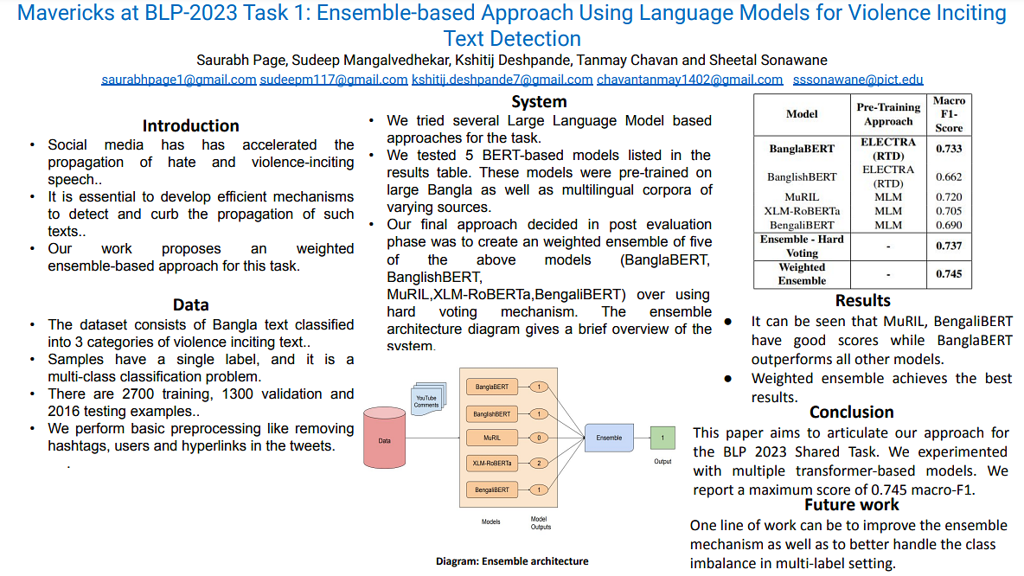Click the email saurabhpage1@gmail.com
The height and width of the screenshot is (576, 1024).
pos(179,80)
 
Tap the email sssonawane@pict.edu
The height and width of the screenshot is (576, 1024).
pos(858,80)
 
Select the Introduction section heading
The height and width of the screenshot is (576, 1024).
pos(190,125)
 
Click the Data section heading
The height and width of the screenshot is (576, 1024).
pos(190,304)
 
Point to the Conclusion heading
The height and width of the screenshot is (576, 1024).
pos(851,412)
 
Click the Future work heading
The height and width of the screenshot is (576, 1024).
pos(851,504)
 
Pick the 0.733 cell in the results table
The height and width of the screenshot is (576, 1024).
pos(948,149)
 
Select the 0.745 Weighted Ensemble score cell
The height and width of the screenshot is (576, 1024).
pos(948,274)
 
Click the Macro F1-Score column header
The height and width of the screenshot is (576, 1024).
pos(948,114)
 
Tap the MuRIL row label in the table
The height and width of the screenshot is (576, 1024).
pos(802,197)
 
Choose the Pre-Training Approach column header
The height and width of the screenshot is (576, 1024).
pos(888,114)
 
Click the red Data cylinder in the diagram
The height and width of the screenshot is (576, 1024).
pos(385,439)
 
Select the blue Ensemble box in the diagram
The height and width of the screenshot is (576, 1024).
pos(609,438)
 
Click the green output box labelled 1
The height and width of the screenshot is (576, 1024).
pos(662,438)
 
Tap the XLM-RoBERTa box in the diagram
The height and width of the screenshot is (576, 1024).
pos(492,464)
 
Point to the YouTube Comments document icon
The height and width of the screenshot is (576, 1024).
pos(426,400)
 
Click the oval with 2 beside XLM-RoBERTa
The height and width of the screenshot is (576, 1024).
pos(539,464)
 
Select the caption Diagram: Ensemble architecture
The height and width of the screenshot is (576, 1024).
pos(512,561)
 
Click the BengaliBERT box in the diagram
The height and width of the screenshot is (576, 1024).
pos(492,490)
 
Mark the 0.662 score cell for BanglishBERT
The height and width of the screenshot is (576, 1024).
pos(948,176)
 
